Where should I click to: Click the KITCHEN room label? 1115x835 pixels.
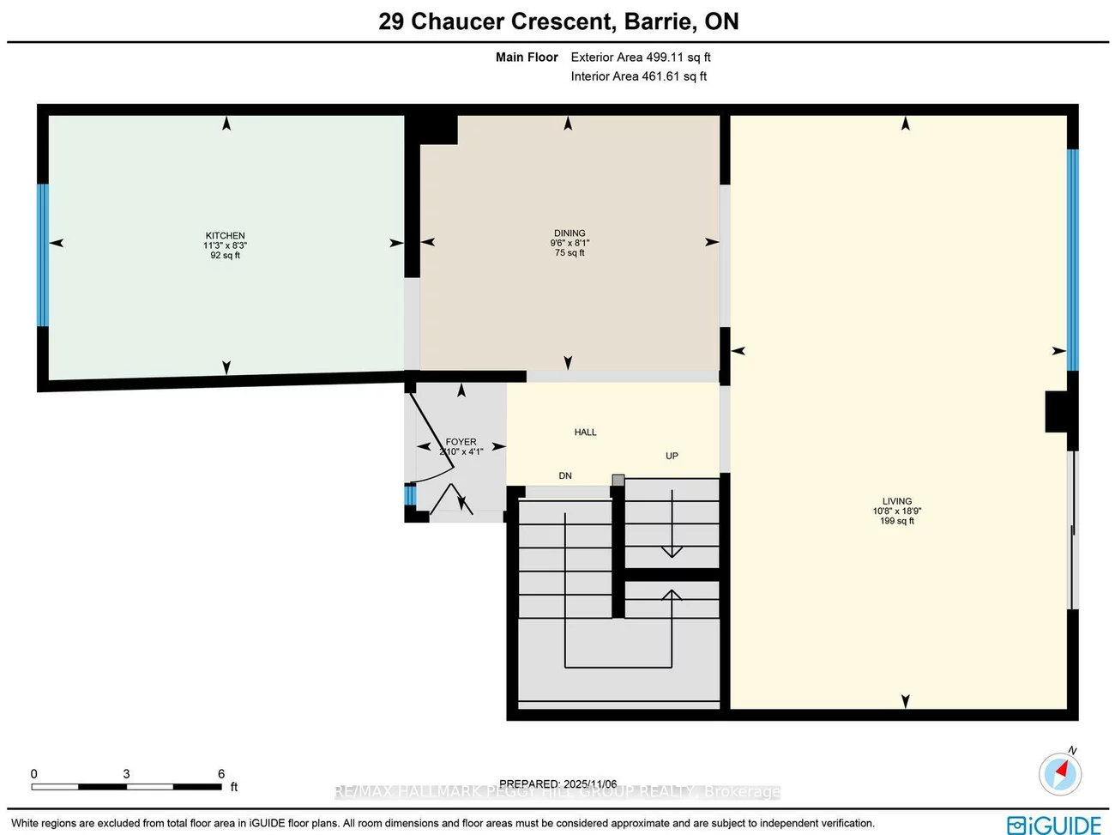[x=225, y=235]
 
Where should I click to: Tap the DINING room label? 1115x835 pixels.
[x=570, y=233]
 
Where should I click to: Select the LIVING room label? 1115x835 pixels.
[x=897, y=501]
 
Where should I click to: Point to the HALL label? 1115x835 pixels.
[x=585, y=433]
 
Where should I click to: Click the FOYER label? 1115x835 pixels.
[x=461, y=442]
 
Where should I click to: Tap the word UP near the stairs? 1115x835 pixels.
[x=672, y=456]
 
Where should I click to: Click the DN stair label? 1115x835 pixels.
[x=565, y=475]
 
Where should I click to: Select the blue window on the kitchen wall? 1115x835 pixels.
[x=42, y=255]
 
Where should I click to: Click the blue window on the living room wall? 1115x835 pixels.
[x=1072, y=259]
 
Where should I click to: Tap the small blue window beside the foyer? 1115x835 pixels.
[x=410, y=495]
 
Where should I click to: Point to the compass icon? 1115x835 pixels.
[x=1060, y=773]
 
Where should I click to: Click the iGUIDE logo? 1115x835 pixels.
[x=1054, y=825]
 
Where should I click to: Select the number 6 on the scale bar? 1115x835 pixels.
[x=221, y=774]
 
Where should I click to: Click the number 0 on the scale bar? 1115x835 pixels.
[x=34, y=774]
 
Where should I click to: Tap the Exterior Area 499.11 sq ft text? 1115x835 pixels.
[x=641, y=57]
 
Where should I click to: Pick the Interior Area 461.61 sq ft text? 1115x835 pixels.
[x=639, y=76]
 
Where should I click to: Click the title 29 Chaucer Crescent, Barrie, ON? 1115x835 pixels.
[x=558, y=21]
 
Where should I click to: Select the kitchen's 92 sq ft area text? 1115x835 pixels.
[x=225, y=256]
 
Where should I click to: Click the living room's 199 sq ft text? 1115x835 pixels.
[x=897, y=521]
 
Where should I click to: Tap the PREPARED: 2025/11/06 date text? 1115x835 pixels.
[x=557, y=784]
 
